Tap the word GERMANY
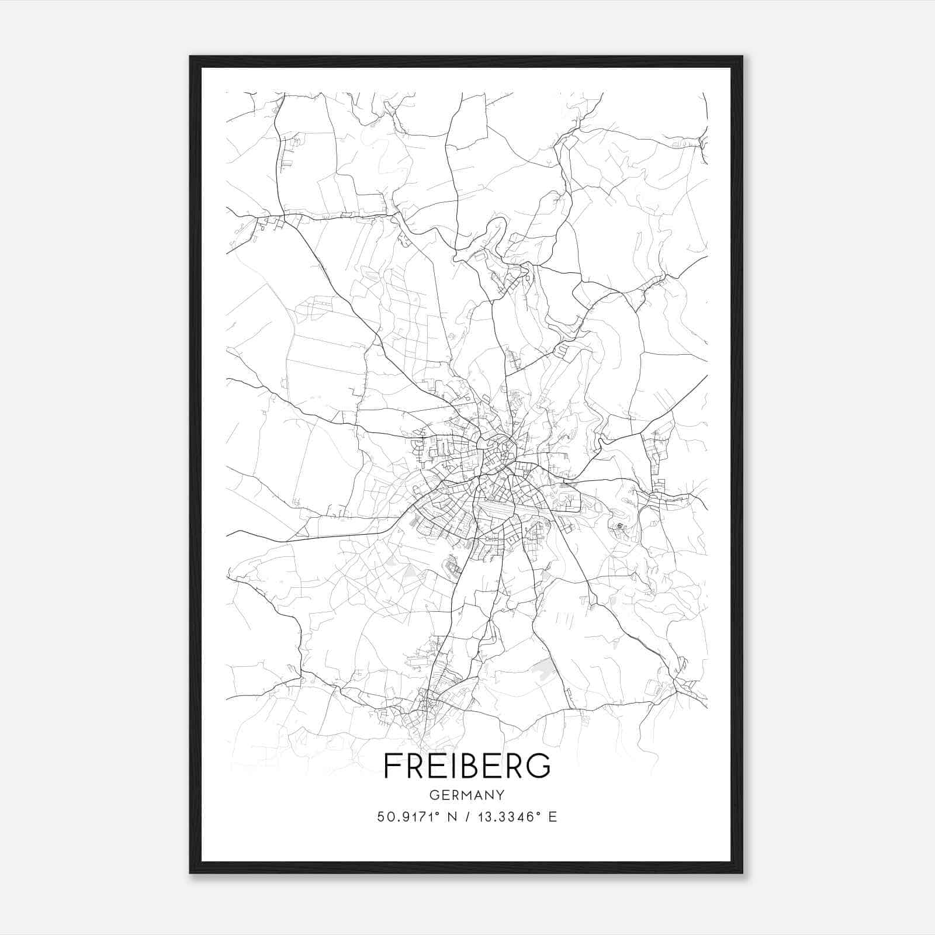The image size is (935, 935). tap(467, 795)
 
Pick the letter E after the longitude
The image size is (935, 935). tap(552, 817)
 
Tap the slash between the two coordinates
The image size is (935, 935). tap(465, 817)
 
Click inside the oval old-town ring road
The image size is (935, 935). tap(497, 453)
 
